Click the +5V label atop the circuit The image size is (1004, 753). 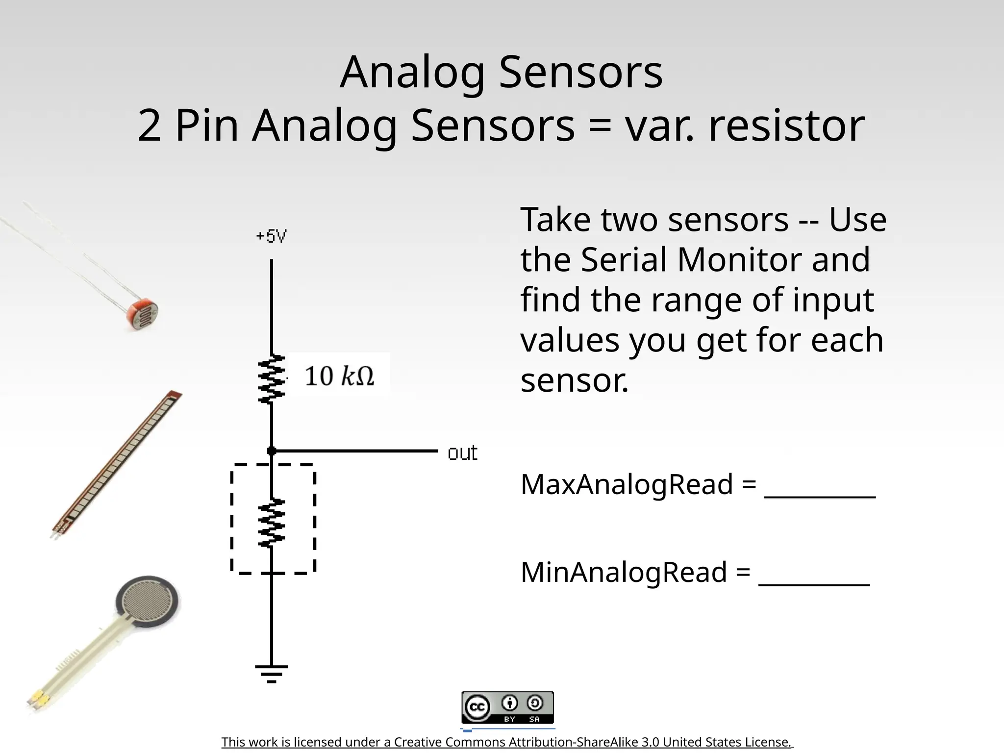[271, 236]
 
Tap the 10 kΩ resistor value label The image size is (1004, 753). [339, 376]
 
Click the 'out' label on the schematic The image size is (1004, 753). [462, 453]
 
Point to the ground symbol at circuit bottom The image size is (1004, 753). [271, 673]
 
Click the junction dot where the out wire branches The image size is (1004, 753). [271, 451]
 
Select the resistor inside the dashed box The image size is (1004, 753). [272, 523]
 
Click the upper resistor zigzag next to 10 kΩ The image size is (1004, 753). [272, 379]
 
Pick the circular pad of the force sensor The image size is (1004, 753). [148, 602]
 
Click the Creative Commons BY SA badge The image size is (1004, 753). [507, 708]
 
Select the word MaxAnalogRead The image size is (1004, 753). [627, 484]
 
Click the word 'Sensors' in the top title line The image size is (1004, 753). [580, 73]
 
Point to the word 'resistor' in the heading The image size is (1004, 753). [786, 126]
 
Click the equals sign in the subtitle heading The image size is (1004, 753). [600, 126]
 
